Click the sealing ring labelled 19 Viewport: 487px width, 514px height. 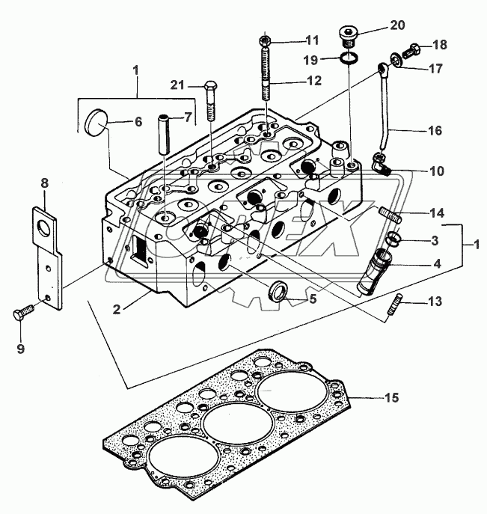(x=349, y=58)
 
